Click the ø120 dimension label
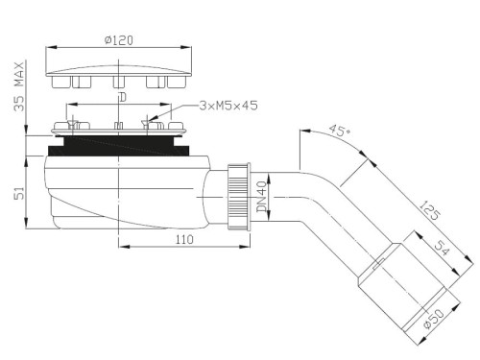pyautogui.click(x=119, y=40)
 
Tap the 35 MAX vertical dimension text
pyautogui.click(x=19, y=86)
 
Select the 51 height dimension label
pyautogui.click(x=19, y=194)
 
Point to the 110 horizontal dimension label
pyautogui.click(x=184, y=239)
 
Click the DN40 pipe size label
pyautogui.click(x=262, y=197)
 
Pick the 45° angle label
pyautogui.click(x=340, y=131)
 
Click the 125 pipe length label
pyautogui.click(x=429, y=210)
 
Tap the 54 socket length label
pyautogui.click(x=442, y=248)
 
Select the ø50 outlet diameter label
pyautogui.click(x=434, y=318)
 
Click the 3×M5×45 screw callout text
pyautogui.click(x=228, y=106)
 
